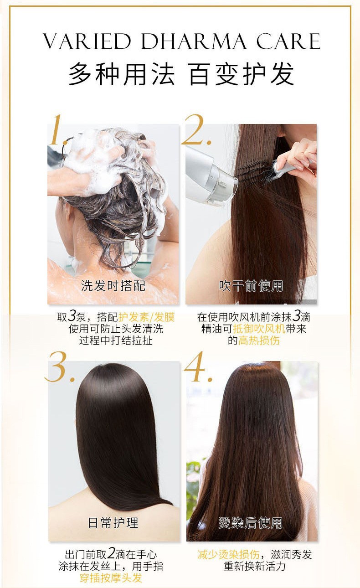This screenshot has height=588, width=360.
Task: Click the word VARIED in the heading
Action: pyautogui.click(x=87, y=41)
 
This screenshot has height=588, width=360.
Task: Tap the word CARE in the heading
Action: pyautogui.click(x=288, y=41)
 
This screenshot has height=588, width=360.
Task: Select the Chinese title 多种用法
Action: pyautogui.click(x=122, y=74)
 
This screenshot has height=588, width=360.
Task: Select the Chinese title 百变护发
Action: pyautogui.click(x=242, y=74)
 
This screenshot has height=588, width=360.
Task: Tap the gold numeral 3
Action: pyautogui.click(x=60, y=366)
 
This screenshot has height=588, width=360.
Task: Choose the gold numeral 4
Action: pyautogui.click(x=198, y=366)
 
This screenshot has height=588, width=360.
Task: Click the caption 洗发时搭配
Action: pyautogui.click(x=113, y=286)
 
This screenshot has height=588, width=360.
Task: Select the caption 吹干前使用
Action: pyautogui.click(x=251, y=286)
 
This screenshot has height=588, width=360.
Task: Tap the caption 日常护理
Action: pyautogui.click(x=113, y=523)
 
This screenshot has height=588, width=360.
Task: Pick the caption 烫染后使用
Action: pyautogui.click(x=251, y=523)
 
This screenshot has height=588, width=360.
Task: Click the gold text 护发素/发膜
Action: pyautogui.click(x=146, y=317)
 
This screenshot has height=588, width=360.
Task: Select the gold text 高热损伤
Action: pyautogui.click(x=259, y=340)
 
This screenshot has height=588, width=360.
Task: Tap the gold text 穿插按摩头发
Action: pyautogui.click(x=111, y=578)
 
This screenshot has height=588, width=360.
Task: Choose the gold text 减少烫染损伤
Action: pyautogui.click(x=228, y=554)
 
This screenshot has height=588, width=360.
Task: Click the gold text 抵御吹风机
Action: pyautogui.click(x=259, y=329)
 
